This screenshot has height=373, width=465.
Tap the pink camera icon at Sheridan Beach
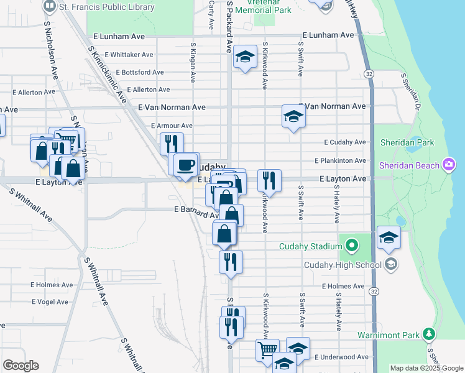tap(449, 165)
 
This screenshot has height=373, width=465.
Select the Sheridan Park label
tap(407, 142)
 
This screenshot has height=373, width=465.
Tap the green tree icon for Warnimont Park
tap(428, 334)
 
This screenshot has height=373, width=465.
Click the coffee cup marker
tap(186, 164)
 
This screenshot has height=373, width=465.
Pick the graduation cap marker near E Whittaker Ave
tap(246, 57)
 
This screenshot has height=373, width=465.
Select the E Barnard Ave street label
tap(195, 210)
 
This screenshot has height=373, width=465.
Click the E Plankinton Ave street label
tap(340, 160)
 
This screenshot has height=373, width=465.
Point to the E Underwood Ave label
tap(341, 357)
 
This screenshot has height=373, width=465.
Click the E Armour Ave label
tap(172, 126)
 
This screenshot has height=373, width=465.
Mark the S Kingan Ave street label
tap(193, 62)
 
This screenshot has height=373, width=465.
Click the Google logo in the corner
tap(21, 366)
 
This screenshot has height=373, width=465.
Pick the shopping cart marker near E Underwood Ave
tap(267, 349)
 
